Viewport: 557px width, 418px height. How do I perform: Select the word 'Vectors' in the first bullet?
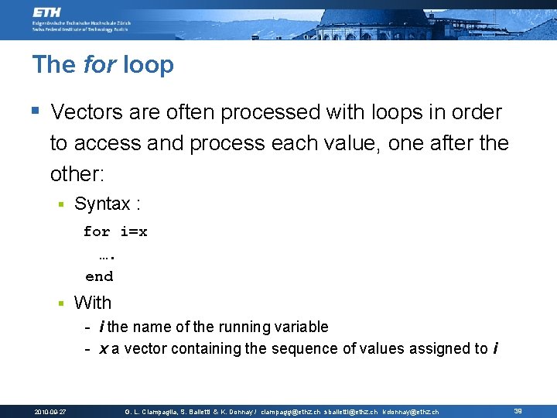click(85, 112)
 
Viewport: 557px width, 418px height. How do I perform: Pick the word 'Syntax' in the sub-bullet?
click(102, 204)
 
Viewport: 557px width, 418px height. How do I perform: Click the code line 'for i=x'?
click(115, 231)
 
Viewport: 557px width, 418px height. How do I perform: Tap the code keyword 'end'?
click(99, 276)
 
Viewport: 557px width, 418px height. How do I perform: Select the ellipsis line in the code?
click(107, 255)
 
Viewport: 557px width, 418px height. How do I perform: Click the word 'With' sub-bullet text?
click(93, 303)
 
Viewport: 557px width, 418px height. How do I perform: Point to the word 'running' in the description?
click(231, 327)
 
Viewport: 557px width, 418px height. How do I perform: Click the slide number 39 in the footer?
click(518, 411)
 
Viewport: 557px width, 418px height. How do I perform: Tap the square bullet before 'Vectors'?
click(36, 111)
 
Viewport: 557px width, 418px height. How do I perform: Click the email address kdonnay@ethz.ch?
click(410, 412)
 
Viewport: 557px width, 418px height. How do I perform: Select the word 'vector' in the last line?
click(145, 348)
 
